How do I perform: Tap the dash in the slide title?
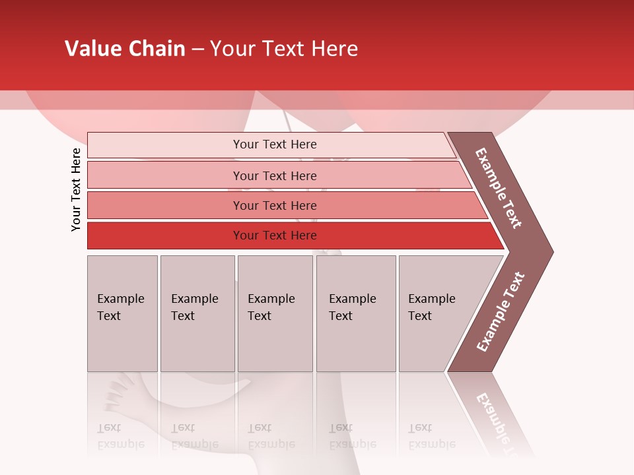click(197, 49)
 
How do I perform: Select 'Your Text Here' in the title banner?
click(284, 49)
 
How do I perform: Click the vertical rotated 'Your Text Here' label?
click(76, 189)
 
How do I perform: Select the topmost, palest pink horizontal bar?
click(271, 144)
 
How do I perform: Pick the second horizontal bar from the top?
click(277, 175)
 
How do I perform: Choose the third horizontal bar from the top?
click(284, 205)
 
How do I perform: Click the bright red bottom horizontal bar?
click(291, 236)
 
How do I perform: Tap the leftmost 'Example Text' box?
click(122, 313)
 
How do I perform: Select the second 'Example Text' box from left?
click(197, 313)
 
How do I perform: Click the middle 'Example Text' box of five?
click(275, 313)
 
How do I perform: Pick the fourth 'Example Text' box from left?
click(356, 313)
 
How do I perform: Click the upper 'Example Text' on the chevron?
click(499, 188)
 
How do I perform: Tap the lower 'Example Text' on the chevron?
click(501, 311)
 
